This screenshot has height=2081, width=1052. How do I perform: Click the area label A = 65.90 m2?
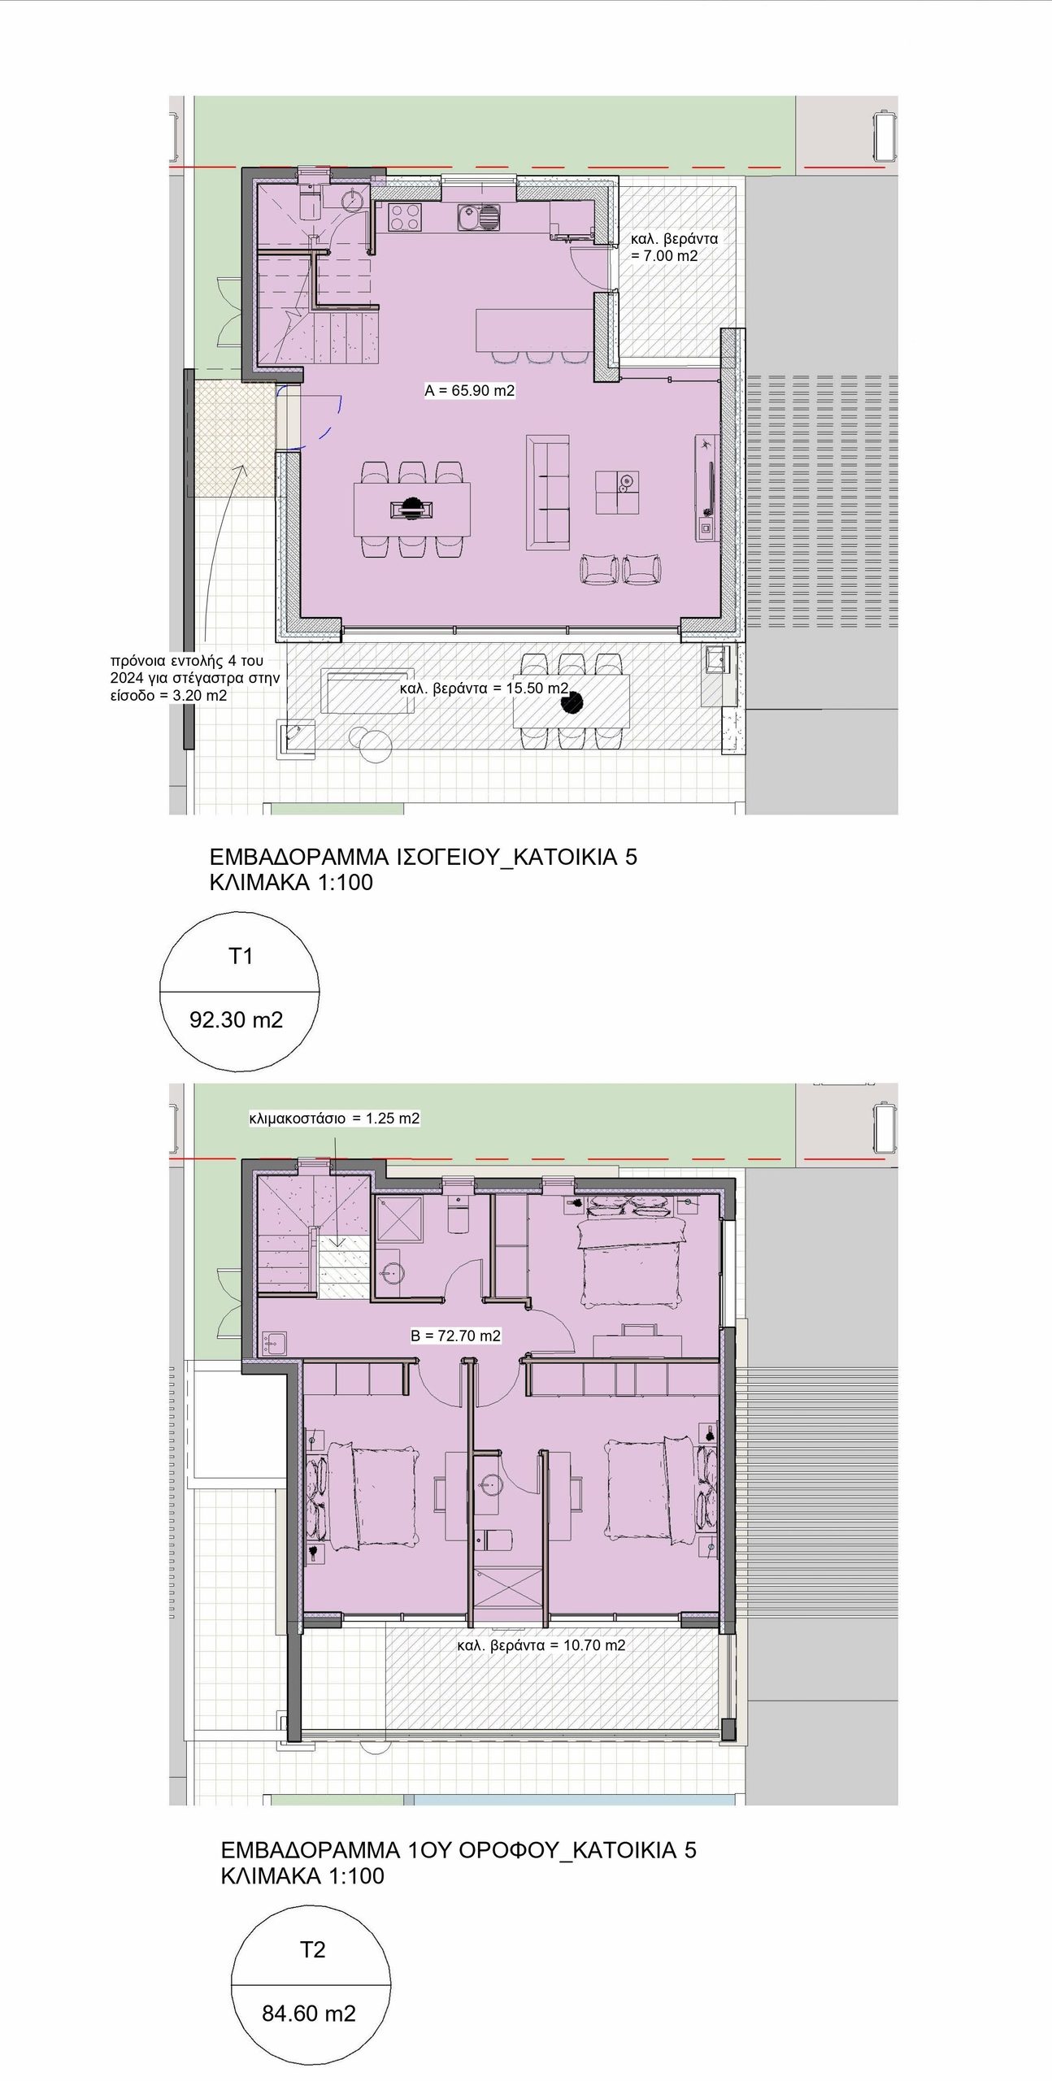point(469,390)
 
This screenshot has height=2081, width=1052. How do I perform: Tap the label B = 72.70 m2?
point(455,1336)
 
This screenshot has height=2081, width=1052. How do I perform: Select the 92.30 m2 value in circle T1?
point(236,1019)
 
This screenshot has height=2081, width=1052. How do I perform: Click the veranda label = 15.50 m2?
point(484,689)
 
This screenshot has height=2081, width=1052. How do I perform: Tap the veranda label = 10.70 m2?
point(541,1645)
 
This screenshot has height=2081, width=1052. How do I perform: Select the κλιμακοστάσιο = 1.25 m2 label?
point(334,1119)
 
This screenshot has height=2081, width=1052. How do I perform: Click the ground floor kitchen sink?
point(479,217)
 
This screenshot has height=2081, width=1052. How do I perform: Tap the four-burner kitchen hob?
point(405,216)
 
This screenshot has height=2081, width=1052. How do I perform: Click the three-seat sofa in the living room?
point(548,493)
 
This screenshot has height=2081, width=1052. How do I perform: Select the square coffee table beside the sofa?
point(617,493)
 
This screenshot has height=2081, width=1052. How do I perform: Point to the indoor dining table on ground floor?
point(412,509)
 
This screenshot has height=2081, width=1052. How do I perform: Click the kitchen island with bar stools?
point(533,329)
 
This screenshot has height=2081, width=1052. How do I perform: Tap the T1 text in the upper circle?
point(241,956)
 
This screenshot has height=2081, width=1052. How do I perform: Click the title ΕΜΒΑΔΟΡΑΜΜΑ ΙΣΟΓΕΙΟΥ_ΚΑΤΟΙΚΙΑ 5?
point(424,857)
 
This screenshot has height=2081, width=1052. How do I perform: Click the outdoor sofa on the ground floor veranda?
point(367,690)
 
